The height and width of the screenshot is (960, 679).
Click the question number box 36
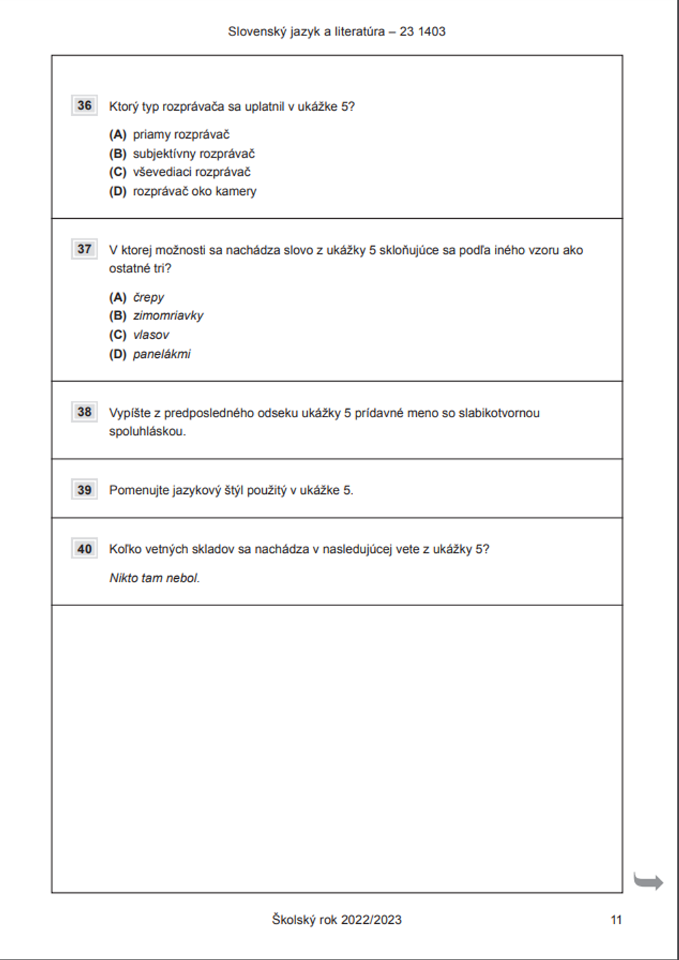[x=84, y=105]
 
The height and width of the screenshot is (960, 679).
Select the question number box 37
[x=84, y=249]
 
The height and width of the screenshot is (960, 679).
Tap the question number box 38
[x=84, y=412]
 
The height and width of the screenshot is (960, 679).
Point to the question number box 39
[x=84, y=490]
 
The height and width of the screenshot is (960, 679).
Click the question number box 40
[x=84, y=549]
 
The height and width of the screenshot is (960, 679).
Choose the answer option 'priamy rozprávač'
[x=181, y=135]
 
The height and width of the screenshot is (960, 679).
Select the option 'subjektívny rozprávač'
[x=194, y=154]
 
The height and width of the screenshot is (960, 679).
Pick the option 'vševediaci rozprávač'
[x=191, y=172]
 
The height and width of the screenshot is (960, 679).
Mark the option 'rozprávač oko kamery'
[x=194, y=191]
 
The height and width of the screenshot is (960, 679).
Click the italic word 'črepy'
[x=149, y=297]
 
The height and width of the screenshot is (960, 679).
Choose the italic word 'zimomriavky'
[x=168, y=315]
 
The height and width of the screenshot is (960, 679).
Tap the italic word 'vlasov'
[x=151, y=334]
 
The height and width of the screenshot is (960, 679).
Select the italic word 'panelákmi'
[x=162, y=353]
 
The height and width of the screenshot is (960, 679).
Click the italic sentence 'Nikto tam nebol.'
[x=155, y=578]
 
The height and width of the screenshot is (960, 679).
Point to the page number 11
[x=616, y=920]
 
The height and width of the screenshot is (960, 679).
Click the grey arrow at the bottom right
[x=648, y=881]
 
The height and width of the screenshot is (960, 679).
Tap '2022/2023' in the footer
[x=371, y=920]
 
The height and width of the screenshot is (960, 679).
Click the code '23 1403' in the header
[x=422, y=31]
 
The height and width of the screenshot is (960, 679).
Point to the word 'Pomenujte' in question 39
[x=139, y=490]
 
